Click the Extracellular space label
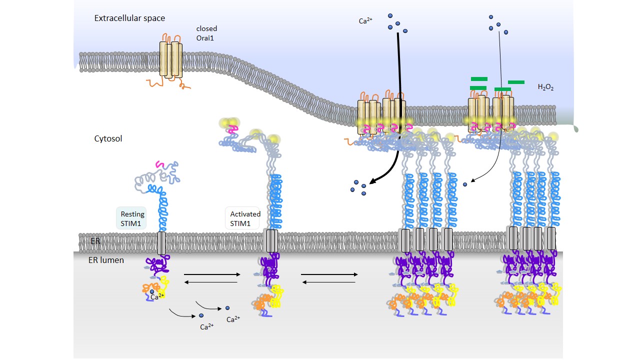tap(129, 18)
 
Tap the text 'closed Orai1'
tap(206, 33)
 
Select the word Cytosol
tap(108, 138)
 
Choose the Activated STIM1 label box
tap(242, 218)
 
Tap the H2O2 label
tap(545, 87)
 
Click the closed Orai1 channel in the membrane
tap(171, 59)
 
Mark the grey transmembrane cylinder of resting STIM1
tap(161, 243)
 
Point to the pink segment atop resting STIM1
tap(160, 164)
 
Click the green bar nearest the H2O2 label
tap(516, 82)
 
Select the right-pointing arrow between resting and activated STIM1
tap(210, 274)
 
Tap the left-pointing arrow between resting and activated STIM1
tap(210, 282)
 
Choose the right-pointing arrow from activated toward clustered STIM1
tap(329, 274)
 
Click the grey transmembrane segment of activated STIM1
tap(271, 241)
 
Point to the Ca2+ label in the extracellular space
tap(365, 21)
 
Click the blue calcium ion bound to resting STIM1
tap(152, 291)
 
